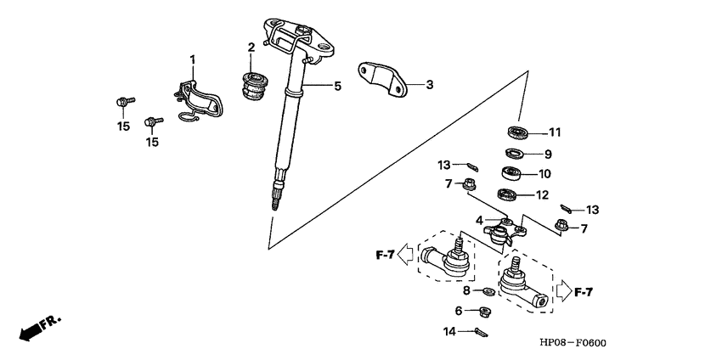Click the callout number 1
(192, 59)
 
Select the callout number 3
(429, 84)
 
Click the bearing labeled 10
(512, 173)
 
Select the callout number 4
(480, 221)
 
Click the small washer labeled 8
(489, 292)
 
